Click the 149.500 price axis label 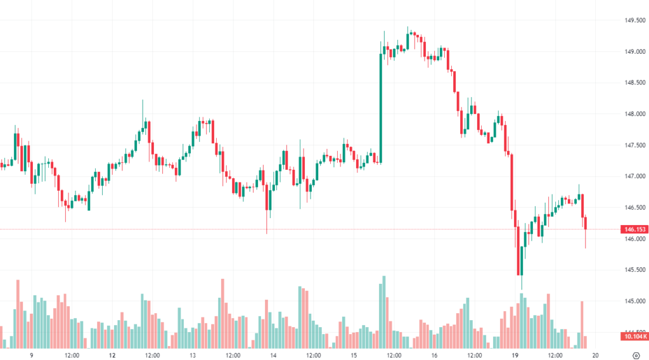point(634,20)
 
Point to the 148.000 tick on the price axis point(634,114)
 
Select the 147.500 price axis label point(634,145)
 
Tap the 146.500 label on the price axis point(634,207)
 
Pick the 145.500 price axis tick point(634,270)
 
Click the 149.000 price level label point(634,51)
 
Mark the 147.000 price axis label point(634,176)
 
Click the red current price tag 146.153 point(634,229)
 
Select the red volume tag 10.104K point(634,337)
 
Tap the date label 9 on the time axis point(31,355)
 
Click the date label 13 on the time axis point(192,355)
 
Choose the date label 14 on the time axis point(273,355)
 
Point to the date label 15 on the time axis point(354,355)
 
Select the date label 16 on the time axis point(434,355)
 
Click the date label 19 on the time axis point(515,355)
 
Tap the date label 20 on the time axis point(595,355)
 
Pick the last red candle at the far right point(586,223)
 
